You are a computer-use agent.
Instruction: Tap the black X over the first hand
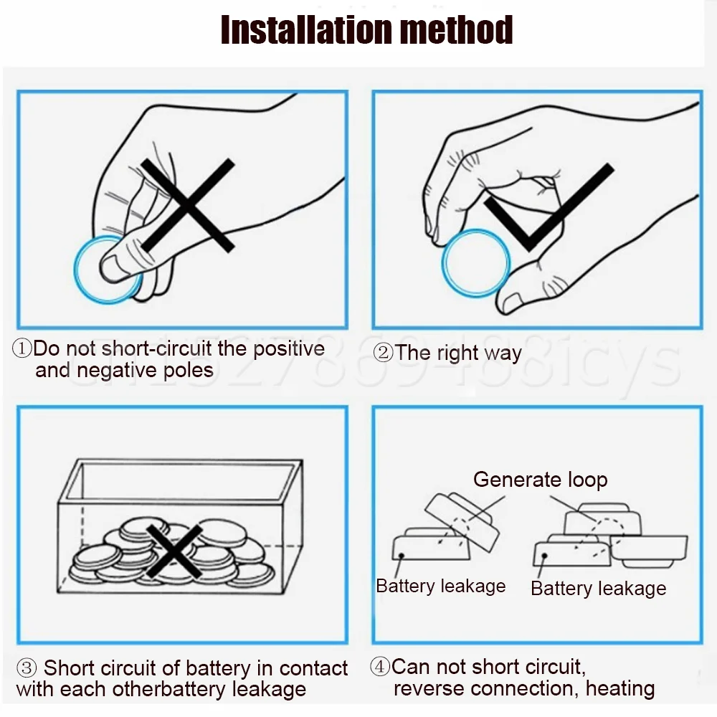188,206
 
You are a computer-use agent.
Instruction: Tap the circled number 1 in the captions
22,349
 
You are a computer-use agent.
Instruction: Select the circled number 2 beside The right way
384,353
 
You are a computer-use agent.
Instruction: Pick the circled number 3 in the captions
26,669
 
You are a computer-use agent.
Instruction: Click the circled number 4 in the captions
380,667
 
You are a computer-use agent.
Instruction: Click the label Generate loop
540,480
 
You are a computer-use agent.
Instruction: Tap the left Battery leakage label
440,586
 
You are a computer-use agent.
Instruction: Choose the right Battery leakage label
598,589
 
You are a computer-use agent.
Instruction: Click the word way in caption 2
503,353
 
